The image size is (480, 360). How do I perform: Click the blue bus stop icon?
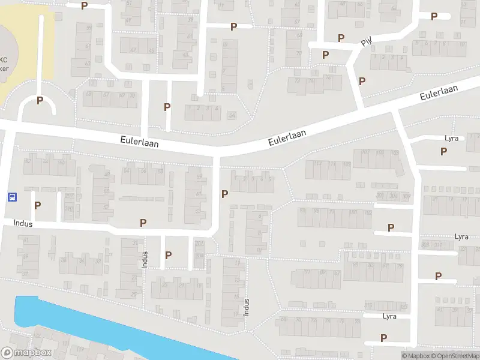11,196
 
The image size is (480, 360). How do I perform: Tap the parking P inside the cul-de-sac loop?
40,101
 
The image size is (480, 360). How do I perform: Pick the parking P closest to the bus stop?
38,205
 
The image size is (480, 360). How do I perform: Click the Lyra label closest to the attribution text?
389,316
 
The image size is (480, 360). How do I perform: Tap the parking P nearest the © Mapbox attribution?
383,338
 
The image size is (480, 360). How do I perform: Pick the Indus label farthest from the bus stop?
245,307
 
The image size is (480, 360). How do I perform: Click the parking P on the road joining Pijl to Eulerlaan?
362,81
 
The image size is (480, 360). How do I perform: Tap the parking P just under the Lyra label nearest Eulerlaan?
443,151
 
